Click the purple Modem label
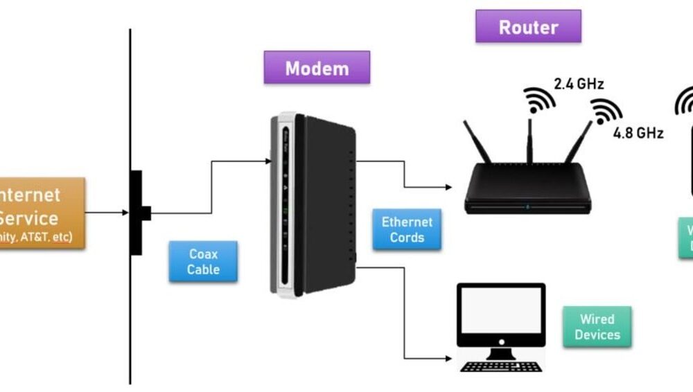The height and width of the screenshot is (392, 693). click(x=317, y=68)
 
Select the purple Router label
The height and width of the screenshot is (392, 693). click(x=528, y=27)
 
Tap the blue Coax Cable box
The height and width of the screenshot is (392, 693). click(x=203, y=262)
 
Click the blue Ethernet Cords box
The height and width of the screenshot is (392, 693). click(x=407, y=230)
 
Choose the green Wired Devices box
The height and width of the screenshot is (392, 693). click(x=597, y=327)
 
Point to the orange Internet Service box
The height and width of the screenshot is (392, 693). click(x=35, y=213)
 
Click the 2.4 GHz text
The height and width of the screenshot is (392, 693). click(x=579, y=84)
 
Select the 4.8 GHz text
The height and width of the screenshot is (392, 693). click(x=638, y=133)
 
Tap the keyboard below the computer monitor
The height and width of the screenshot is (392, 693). click(x=500, y=366)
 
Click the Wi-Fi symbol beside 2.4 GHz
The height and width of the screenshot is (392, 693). click(x=538, y=100)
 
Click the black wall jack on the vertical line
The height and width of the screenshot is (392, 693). click(x=137, y=213)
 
